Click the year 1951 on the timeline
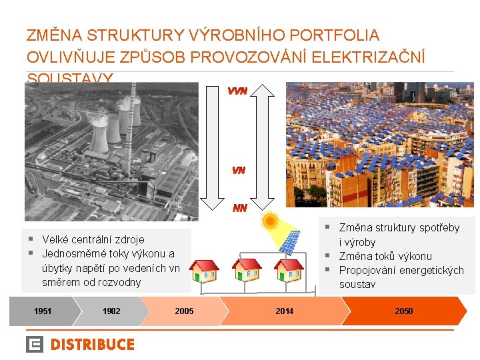43,311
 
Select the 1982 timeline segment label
111,311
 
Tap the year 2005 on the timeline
184,311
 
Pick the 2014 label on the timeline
284,311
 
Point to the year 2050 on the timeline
403,311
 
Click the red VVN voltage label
238,91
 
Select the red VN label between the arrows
239,171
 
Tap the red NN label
239,208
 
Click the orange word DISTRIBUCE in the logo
93,345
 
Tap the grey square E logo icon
35,345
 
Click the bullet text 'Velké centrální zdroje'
93,239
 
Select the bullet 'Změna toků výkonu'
385,256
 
